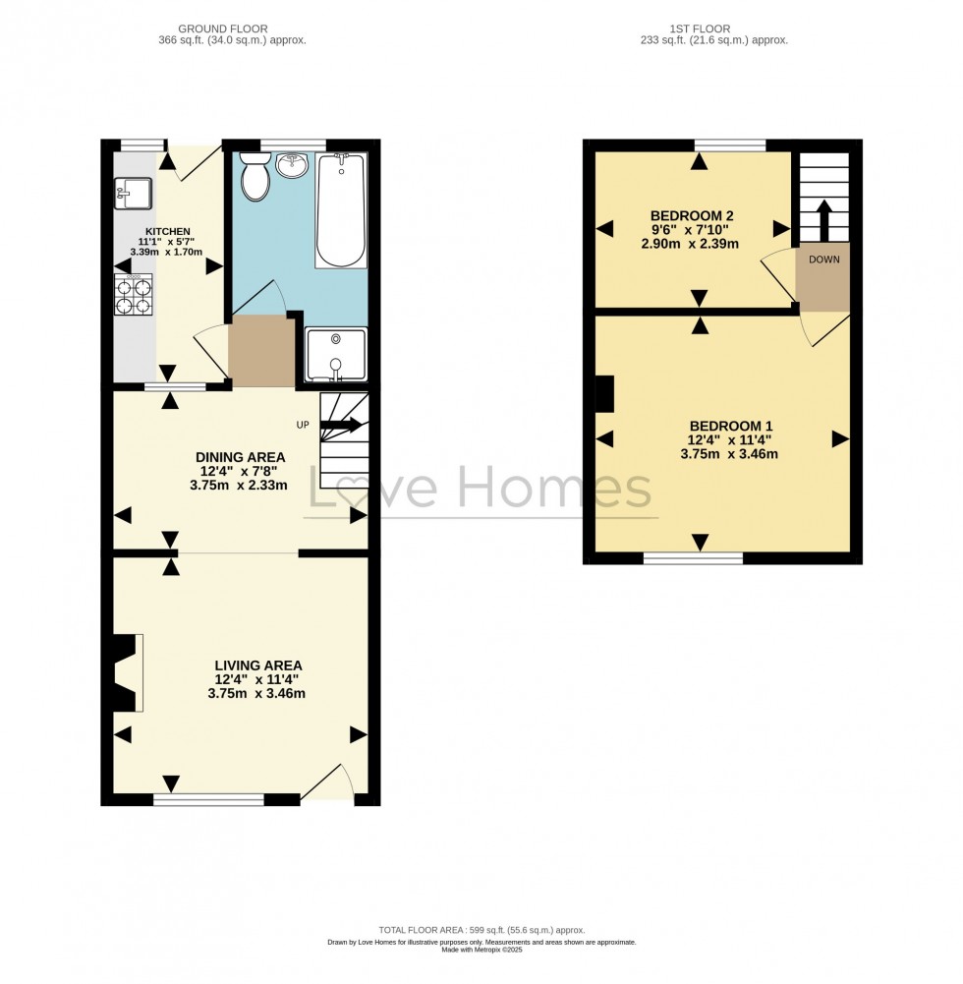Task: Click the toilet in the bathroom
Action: [x=255, y=176]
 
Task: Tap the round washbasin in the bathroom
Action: [x=293, y=164]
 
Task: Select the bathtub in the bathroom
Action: [x=341, y=210]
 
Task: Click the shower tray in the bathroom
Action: [x=336, y=355]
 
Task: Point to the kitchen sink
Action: [x=133, y=194]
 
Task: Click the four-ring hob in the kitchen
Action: [x=134, y=294]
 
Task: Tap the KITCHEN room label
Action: [x=167, y=232]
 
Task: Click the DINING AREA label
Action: [x=241, y=457]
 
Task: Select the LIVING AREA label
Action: [x=257, y=666]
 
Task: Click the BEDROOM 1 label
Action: [x=731, y=426]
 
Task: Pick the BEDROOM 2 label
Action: [x=692, y=216]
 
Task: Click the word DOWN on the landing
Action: [x=823, y=260]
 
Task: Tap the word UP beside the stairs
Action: [x=303, y=425]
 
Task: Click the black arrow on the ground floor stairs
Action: [x=341, y=425]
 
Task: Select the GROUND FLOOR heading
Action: [x=223, y=29]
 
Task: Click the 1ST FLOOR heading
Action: [x=700, y=29]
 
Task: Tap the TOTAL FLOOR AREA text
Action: [x=481, y=930]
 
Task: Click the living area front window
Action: [x=209, y=799]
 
